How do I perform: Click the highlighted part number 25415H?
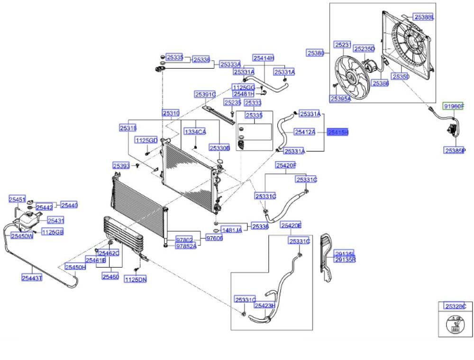point(338,133)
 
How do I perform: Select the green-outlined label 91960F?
point(453,107)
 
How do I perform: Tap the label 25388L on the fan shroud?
point(424,18)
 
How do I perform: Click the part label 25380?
point(315,53)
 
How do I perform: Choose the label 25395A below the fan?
point(340,99)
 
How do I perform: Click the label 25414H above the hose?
point(263,58)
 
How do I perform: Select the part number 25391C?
point(205,94)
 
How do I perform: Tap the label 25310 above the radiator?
point(171,113)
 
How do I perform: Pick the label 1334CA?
point(195,131)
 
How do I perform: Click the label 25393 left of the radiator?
point(121,166)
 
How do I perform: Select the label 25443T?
point(32,278)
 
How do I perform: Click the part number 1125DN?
point(136,279)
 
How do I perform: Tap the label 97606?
point(214,238)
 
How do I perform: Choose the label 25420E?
point(291,225)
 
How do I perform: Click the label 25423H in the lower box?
point(264,306)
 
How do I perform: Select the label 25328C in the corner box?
point(456,306)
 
